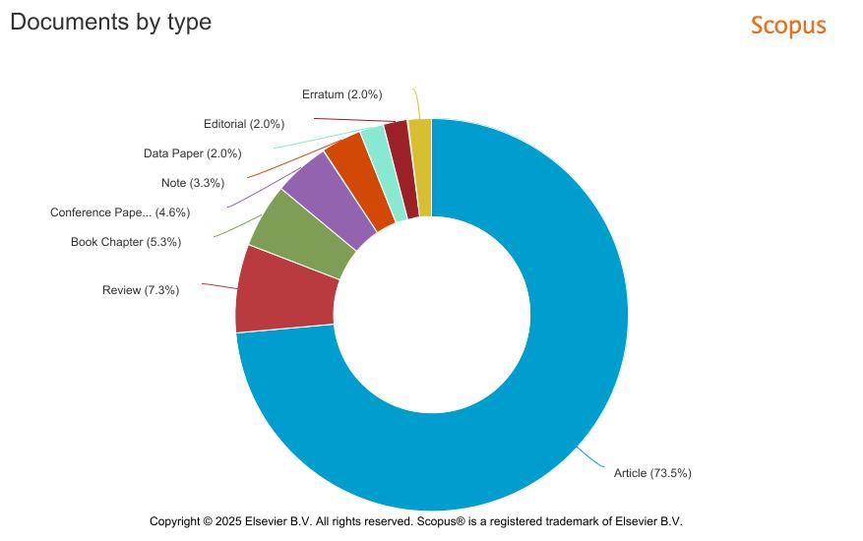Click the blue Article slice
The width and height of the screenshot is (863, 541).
551,393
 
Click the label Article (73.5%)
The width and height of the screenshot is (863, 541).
652,473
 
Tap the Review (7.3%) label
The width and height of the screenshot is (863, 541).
141,290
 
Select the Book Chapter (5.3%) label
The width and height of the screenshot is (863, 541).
126,242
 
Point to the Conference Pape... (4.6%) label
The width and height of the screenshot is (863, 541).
120,212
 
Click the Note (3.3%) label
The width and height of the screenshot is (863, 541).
193,183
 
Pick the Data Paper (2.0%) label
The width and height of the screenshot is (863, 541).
192,153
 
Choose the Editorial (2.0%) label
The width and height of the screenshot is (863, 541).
244,124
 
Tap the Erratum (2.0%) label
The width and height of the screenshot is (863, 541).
341,94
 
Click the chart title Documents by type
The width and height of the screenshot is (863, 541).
110,21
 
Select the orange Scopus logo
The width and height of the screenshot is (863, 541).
788,25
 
